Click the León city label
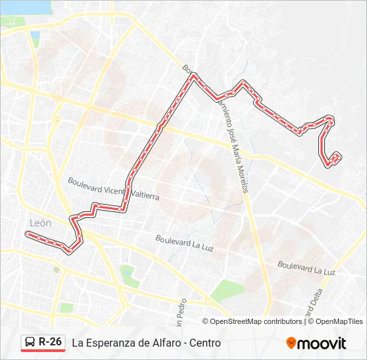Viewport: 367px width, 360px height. (x=40, y=223)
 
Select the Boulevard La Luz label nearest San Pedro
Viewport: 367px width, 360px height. (x=184, y=243)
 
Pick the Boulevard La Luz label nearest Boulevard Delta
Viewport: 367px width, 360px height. (x=306, y=268)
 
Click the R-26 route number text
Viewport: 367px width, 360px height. (x=51, y=342)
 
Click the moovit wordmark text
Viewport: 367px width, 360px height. (x=322, y=343)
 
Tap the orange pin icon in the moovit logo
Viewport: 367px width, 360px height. (x=291, y=343)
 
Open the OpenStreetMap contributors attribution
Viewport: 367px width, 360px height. (x=256, y=321)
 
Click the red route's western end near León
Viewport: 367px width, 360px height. (x=27, y=234)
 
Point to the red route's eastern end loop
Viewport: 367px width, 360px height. (x=334, y=159)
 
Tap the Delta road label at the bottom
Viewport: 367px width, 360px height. (x=312, y=305)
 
